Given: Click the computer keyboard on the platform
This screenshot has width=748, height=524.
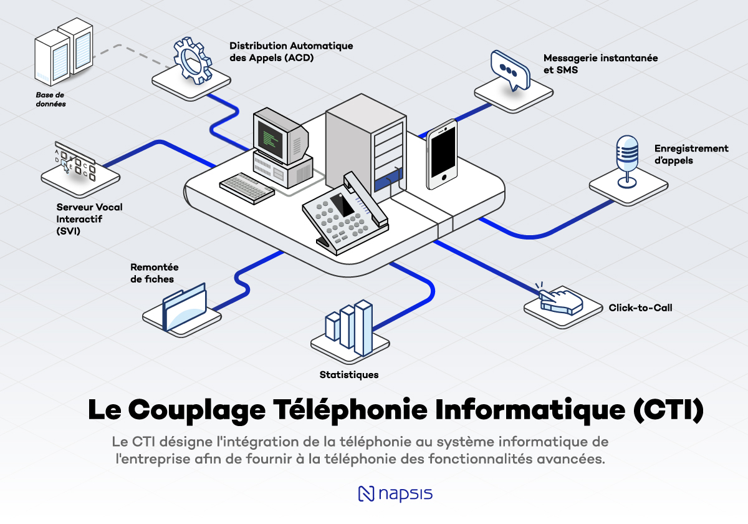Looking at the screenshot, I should (247, 186).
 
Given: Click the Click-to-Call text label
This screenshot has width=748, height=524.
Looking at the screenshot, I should (640, 308).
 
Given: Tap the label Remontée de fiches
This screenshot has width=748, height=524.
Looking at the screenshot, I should (155, 273).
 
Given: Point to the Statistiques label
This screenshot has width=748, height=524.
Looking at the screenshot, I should (348, 375).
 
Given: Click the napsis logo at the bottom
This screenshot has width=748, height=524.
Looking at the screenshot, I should (395, 493).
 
